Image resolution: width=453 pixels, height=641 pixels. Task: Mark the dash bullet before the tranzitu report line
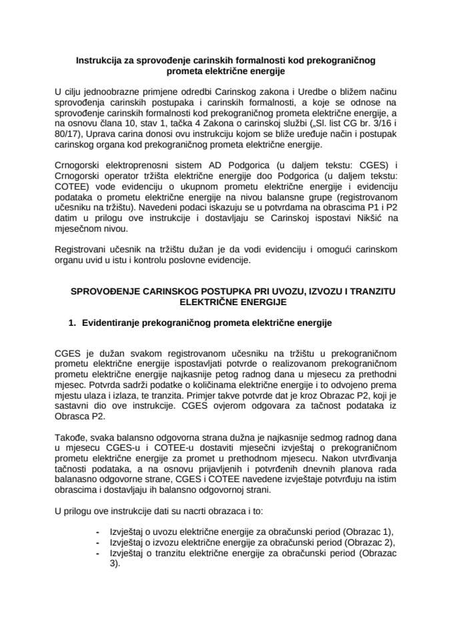click(x=97, y=553)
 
